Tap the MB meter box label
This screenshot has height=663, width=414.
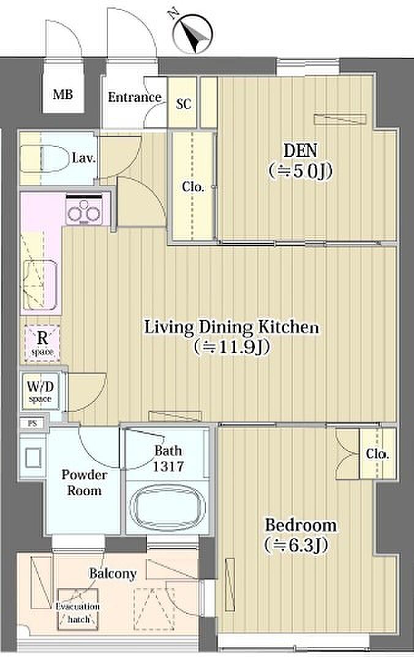(x=63, y=94)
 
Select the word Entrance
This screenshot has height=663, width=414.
(x=134, y=97)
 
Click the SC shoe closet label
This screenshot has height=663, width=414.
(x=183, y=104)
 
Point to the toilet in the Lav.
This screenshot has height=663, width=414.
(x=44, y=158)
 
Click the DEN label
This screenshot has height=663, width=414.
(x=300, y=151)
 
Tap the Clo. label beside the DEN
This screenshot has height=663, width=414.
(x=193, y=186)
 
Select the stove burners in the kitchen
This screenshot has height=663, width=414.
(x=84, y=211)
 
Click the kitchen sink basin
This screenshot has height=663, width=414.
(x=40, y=284)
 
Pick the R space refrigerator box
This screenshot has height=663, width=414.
(x=42, y=343)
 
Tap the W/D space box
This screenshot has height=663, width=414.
(x=40, y=391)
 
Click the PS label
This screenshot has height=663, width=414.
(x=32, y=423)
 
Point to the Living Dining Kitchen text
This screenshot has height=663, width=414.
(x=231, y=327)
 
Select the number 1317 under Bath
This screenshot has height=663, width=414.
(x=168, y=466)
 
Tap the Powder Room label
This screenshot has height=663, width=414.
(x=84, y=482)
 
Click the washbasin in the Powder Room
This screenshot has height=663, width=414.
(x=33, y=458)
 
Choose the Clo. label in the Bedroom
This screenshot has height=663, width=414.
(x=377, y=453)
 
